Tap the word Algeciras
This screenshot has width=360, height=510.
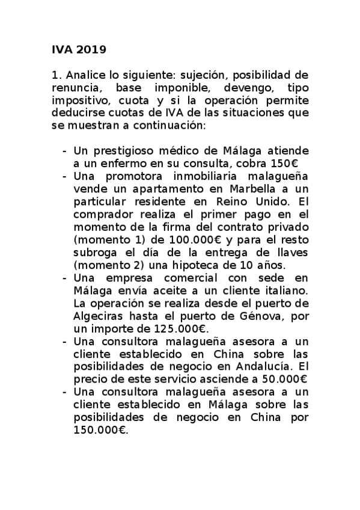[99, 315]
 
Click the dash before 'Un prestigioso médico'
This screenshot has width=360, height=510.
[64, 152]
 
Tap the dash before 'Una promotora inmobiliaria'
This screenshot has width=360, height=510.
[64, 176]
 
